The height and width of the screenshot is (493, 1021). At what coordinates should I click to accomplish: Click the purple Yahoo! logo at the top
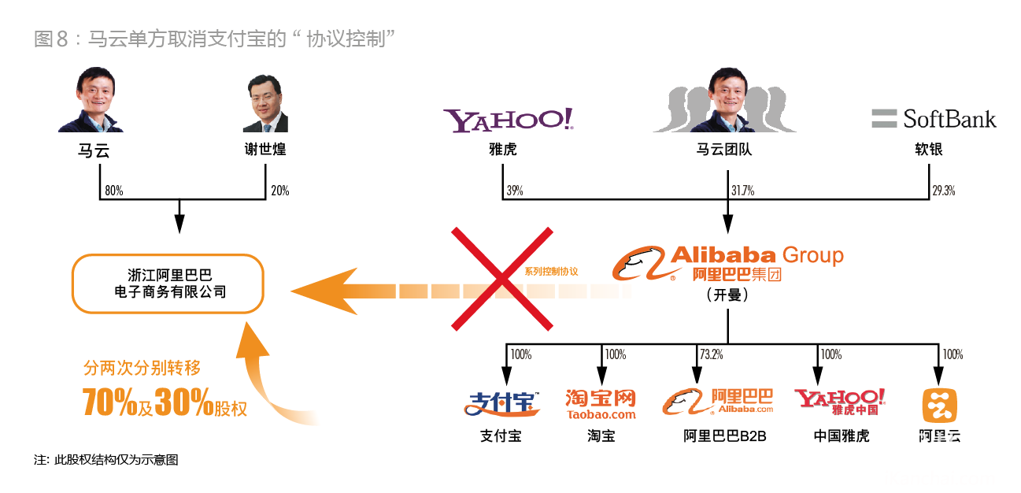coord(509,120)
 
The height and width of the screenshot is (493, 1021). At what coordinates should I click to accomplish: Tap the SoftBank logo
coord(934,119)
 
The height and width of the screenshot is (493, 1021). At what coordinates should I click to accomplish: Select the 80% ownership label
coord(114,191)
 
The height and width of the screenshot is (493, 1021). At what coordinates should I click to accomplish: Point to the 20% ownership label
coord(280,191)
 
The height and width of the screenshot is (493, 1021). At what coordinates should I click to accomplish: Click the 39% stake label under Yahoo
coord(515,191)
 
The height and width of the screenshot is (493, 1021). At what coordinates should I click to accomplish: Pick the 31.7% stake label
coord(743,191)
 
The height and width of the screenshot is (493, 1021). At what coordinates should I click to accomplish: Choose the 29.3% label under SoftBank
coord(944,191)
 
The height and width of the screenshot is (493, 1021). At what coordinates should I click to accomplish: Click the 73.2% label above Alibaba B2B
coord(712,354)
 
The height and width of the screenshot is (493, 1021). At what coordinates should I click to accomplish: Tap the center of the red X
coord(501,279)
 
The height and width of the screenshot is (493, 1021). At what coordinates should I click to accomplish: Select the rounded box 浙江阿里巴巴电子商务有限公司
coord(168,284)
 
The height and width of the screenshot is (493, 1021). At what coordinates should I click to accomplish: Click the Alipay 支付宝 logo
coord(501,403)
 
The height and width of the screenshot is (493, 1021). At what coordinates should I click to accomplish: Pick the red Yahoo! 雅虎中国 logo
coord(840,402)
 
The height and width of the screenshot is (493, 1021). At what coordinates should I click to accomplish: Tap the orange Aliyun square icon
coord(939,406)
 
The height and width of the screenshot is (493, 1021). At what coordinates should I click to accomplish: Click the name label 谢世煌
coord(265,149)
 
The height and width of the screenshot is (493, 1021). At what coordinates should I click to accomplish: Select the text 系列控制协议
coord(551,272)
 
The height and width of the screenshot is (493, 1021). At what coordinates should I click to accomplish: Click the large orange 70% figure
coord(109,402)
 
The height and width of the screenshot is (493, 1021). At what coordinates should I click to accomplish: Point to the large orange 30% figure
coord(183,402)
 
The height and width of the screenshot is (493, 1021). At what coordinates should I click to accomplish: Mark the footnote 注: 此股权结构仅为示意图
coord(105,460)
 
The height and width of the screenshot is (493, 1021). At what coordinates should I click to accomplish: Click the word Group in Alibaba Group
coord(813,255)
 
